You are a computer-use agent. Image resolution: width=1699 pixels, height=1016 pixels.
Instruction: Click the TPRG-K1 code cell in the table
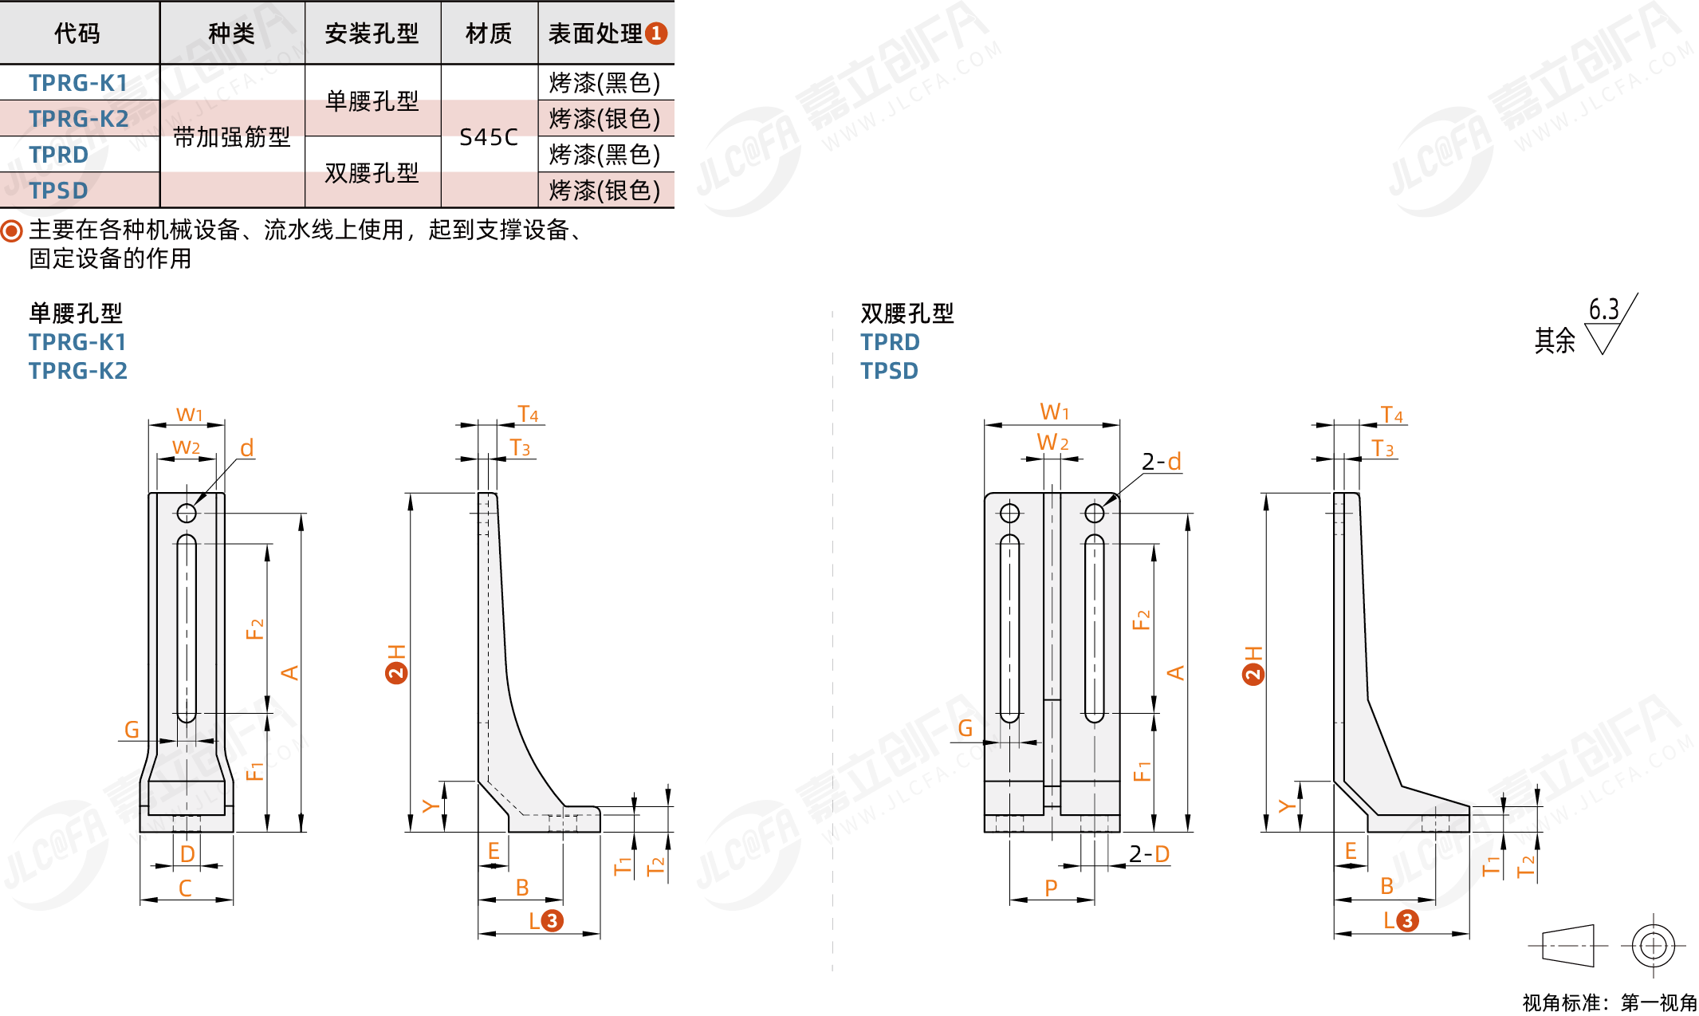(x=78, y=83)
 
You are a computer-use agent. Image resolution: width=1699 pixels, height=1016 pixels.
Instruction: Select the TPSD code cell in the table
(x=58, y=191)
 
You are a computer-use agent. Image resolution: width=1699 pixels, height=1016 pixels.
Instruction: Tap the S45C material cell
(x=489, y=137)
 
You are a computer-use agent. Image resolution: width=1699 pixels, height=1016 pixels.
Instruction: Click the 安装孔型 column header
(x=372, y=33)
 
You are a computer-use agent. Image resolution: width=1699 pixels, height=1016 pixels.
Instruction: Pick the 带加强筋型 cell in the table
(x=231, y=137)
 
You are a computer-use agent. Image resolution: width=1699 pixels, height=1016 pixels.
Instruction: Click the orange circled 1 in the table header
(x=656, y=33)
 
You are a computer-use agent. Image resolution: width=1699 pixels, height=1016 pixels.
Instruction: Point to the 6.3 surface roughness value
(x=1603, y=309)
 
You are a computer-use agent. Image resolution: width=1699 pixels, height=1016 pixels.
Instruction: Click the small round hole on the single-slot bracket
(x=187, y=513)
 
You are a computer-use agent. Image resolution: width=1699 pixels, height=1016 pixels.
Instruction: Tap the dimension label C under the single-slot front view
(x=185, y=888)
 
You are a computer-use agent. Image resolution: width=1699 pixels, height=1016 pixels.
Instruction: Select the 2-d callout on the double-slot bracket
(x=1161, y=462)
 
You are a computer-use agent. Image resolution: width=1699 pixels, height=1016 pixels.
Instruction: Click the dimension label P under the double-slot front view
(x=1051, y=888)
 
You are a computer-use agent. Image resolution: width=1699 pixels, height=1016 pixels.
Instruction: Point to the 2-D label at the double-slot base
(x=1149, y=854)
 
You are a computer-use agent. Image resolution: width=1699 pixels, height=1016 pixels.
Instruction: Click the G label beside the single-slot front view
(x=132, y=730)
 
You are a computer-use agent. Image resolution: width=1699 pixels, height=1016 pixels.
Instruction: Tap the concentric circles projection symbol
(x=1653, y=946)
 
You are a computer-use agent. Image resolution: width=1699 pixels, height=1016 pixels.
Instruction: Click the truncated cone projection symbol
(x=1567, y=946)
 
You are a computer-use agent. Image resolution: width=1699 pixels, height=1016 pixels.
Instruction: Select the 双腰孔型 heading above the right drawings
(x=907, y=313)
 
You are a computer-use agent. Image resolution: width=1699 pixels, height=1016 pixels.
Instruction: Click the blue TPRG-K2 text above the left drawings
(x=78, y=371)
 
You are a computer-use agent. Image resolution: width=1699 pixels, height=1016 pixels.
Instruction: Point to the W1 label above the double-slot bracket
(x=1054, y=412)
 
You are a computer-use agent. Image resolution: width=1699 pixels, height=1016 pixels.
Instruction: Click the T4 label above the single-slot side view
(x=528, y=415)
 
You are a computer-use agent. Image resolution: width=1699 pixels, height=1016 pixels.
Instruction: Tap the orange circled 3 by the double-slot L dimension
(x=1407, y=921)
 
